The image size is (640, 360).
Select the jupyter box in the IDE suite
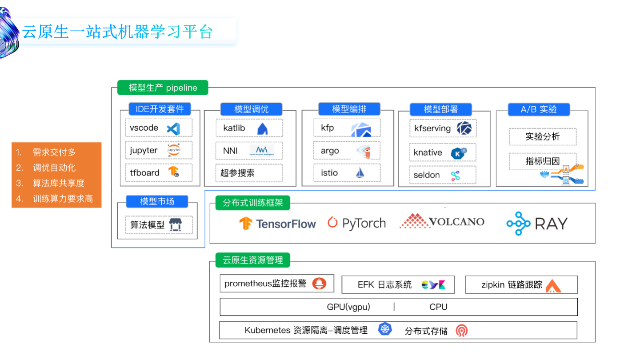pyautogui.click(x=158, y=150)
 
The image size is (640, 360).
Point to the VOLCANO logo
pyautogui.click(x=442, y=221)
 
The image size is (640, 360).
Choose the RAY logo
pyautogui.click(x=537, y=223)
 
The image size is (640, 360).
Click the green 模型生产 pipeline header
pyautogui.click(x=163, y=88)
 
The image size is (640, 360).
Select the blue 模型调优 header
pyautogui.click(x=252, y=109)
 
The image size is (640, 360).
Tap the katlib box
pyautogui.click(x=249, y=128)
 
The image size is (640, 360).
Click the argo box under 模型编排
pyautogui.click(x=347, y=151)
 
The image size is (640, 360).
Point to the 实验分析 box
pyautogui.click(x=543, y=136)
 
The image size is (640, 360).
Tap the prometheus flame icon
pyautogui.click(x=319, y=284)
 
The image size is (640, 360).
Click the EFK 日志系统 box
pyautogui.click(x=398, y=285)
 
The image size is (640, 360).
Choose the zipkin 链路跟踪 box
pyautogui.click(x=521, y=285)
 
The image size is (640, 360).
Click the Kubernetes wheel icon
pyautogui.click(x=384, y=329)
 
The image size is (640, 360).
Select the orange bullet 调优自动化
pyautogui.click(x=54, y=168)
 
